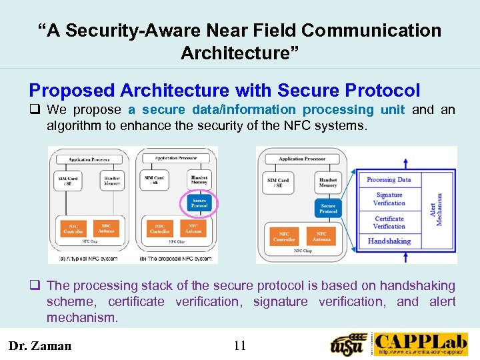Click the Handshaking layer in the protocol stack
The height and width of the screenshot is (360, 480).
[x=389, y=241]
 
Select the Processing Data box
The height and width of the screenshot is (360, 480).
[x=389, y=179]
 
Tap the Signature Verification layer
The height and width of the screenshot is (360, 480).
[x=389, y=199]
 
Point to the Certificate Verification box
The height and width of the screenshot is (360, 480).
[x=389, y=222]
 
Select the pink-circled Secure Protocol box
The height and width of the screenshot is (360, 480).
[x=199, y=203]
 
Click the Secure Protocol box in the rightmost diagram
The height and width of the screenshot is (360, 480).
[x=328, y=208]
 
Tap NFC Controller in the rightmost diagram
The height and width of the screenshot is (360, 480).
[x=285, y=237]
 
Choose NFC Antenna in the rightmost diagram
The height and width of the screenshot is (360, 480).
[x=321, y=237]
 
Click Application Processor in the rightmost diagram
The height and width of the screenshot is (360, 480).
[x=302, y=159]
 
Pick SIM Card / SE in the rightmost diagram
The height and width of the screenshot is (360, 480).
[x=278, y=182]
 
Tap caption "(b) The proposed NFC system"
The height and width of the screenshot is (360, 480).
[x=177, y=258]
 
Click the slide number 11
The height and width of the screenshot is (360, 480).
[x=240, y=345]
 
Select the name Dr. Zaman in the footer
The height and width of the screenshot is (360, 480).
[x=39, y=345]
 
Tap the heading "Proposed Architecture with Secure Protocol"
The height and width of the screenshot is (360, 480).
[x=225, y=90]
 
